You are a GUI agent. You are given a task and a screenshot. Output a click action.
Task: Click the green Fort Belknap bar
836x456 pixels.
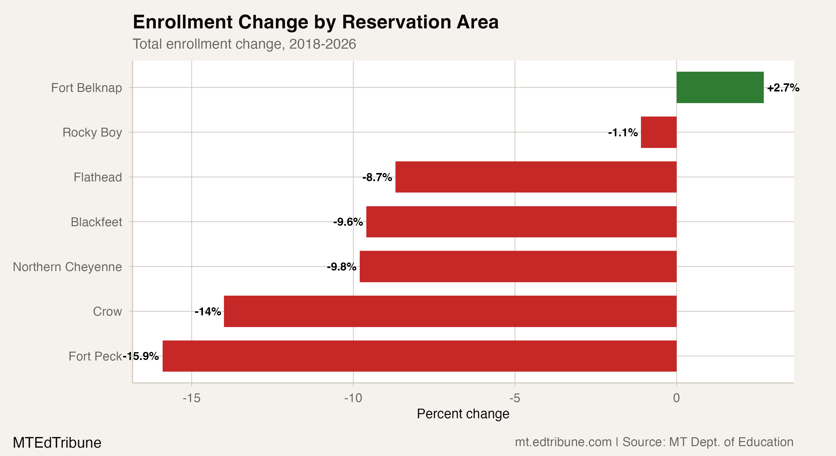[720, 87]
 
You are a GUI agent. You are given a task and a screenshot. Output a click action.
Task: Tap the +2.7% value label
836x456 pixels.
[783, 88]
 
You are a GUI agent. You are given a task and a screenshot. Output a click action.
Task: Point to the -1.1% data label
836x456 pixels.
[622, 132]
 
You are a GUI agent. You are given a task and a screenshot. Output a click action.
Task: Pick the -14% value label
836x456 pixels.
[208, 312]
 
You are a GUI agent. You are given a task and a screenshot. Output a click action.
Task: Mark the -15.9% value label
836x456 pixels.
[141, 356]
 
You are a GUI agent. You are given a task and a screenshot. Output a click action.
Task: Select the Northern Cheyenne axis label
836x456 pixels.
[67, 267]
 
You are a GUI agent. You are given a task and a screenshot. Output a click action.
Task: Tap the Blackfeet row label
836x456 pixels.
[96, 222]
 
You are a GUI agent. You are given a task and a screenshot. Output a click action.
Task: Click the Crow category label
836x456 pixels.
[107, 312]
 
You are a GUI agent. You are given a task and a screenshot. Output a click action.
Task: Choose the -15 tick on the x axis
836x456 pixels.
[192, 398]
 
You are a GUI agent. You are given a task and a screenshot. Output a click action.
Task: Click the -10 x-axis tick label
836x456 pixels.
[353, 398]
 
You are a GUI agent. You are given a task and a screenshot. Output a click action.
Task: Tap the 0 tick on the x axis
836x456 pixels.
[676, 398]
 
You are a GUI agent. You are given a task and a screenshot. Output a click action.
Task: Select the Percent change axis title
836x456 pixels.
[463, 414]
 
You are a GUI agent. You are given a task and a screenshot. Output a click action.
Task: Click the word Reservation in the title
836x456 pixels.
[396, 22]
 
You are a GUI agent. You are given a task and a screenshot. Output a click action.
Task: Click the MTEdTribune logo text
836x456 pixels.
[57, 443]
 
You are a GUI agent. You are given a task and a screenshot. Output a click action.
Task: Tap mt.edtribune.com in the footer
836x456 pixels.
[563, 442]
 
